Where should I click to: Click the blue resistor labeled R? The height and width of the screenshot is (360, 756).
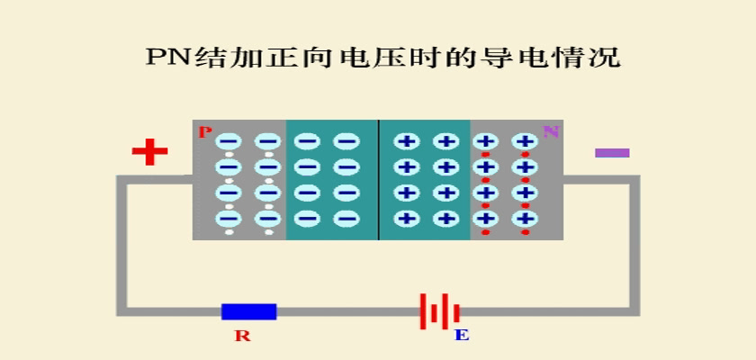tap(248, 311)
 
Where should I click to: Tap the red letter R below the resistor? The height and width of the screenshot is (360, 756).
tap(242, 336)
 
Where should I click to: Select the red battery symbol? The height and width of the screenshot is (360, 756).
tap(439, 311)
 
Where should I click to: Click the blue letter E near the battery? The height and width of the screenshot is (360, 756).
tap(462, 335)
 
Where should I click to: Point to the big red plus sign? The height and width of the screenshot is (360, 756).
tap(150, 152)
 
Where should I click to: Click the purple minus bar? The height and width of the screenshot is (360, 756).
tap(612, 153)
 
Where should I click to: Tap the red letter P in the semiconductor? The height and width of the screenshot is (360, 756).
tap(205, 132)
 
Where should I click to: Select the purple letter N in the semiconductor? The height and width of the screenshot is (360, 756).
tap(551, 131)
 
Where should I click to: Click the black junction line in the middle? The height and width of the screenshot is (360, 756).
tap(379, 180)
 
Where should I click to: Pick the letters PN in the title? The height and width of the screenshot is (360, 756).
tap(169, 58)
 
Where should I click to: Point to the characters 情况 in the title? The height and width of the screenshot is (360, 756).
tap(596, 58)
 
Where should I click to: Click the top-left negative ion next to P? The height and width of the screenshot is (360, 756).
tap(229, 141)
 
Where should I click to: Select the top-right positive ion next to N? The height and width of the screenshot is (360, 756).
tap(524, 141)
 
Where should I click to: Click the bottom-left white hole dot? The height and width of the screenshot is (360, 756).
tap(229, 232)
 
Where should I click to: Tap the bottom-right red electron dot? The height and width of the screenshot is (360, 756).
tap(525, 232)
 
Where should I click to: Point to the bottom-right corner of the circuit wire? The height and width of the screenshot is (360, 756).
tap(635, 311)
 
